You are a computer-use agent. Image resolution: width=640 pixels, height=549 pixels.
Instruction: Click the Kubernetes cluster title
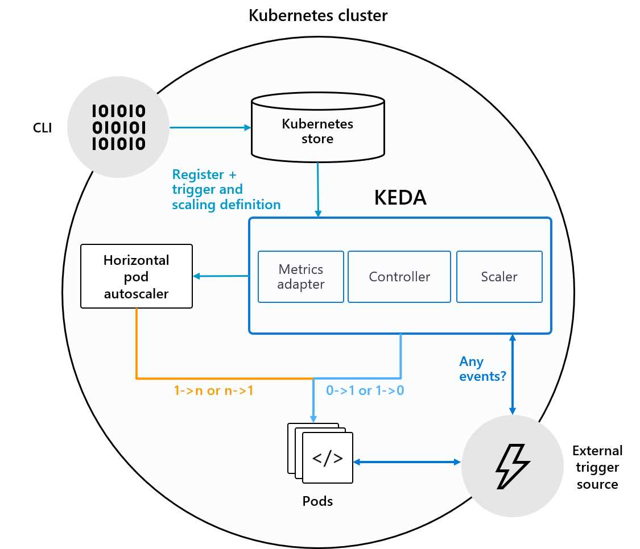[x=318, y=15]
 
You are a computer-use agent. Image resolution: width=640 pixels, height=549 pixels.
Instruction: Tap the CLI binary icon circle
[x=118, y=127]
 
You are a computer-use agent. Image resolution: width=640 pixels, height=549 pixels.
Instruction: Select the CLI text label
[x=42, y=128]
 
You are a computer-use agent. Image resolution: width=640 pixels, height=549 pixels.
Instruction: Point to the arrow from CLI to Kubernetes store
[x=210, y=128]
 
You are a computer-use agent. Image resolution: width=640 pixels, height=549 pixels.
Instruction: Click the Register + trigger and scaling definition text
[x=226, y=189]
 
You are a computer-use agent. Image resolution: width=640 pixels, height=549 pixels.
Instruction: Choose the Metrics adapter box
[x=300, y=276]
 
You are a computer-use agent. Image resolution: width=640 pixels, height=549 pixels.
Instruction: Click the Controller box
[x=399, y=277]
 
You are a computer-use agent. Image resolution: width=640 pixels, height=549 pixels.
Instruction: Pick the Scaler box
[x=499, y=277]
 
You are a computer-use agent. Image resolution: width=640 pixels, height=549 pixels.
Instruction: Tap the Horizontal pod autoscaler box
[x=137, y=276]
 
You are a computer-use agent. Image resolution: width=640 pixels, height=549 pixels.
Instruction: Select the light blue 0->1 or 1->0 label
[x=364, y=391]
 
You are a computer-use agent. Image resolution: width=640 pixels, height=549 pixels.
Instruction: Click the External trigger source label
[x=597, y=467]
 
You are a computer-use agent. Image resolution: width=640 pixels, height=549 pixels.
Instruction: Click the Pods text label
[x=317, y=501]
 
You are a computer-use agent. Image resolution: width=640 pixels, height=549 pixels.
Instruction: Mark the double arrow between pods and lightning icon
[x=407, y=462]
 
